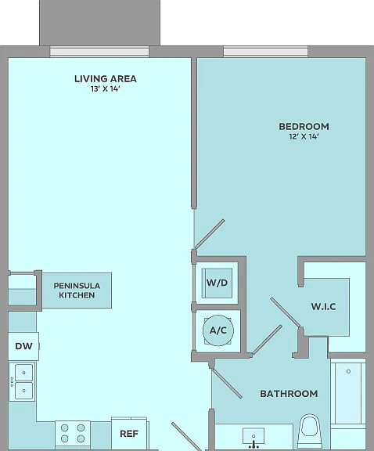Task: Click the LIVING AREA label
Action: click(106, 78)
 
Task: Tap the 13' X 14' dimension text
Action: click(105, 89)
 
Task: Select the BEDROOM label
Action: click(304, 127)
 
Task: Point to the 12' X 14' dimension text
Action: click(304, 136)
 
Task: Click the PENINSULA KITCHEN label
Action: click(77, 290)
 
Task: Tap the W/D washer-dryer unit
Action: click(217, 283)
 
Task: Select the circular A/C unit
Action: click(218, 330)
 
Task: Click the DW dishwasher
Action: click(23, 346)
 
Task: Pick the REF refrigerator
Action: click(130, 433)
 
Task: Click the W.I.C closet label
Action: click(323, 307)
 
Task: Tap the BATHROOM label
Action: click(289, 394)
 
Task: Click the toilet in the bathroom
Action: click(309, 431)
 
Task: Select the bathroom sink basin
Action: click(254, 436)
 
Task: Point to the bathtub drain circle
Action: click(348, 371)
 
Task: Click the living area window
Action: click(99, 52)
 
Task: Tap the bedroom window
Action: click(265, 52)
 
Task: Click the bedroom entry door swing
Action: click(210, 234)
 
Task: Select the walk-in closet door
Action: click(286, 312)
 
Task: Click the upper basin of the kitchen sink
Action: click(23, 373)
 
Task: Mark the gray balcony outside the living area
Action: click(99, 23)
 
